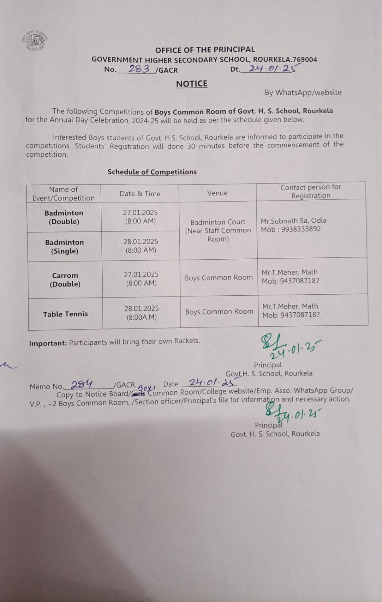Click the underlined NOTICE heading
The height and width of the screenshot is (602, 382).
pos(192,84)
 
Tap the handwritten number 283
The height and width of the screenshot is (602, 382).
pos(139,68)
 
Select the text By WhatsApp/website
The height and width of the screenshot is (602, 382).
pos(303,92)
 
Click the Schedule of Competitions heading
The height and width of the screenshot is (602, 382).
pos(152,172)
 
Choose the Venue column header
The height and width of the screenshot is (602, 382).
pos(217,193)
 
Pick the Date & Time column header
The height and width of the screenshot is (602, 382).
pos(140,193)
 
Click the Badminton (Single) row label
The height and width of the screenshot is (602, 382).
pos(65,246)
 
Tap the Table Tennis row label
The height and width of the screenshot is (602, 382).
pos(65,314)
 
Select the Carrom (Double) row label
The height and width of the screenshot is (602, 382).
pos(65,280)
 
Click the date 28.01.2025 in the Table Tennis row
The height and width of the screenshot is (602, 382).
pos(141,309)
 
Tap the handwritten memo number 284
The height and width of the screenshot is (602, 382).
pos(82,384)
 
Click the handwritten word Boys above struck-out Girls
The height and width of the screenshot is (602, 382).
pos(147,388)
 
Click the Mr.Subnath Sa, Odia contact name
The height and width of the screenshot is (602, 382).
pos(294,220)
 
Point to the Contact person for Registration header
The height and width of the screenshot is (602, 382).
pos(311,191)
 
